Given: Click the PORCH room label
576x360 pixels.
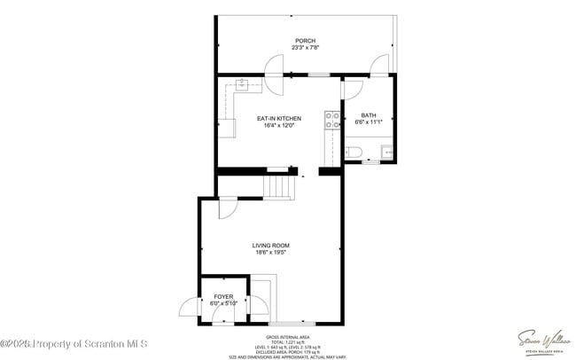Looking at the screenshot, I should [305, 41].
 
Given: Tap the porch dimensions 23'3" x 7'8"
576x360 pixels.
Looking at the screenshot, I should [305, 49].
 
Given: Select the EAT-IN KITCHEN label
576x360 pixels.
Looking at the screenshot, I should [279, 118].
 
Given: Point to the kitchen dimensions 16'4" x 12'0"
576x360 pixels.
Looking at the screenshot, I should [279, 126].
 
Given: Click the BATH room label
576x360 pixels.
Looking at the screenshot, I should [367, 115].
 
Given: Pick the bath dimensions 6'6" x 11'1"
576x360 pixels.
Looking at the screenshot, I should [367, 123].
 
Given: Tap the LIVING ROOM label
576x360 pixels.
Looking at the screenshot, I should [270, 246].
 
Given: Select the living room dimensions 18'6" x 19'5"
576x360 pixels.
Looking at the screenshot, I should [270, 254].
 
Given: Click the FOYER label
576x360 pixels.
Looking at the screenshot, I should [223, 296].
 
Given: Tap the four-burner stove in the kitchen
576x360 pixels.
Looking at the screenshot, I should [332, 120].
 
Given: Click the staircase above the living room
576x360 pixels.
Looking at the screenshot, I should [279, 186].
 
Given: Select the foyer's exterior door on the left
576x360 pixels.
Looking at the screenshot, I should [190, 309].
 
